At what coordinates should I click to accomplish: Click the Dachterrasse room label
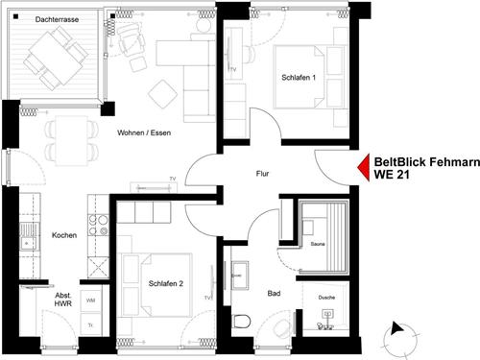click(57, 19)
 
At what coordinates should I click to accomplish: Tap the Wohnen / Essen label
click(144, 132)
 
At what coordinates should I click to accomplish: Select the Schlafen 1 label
click(299, 78)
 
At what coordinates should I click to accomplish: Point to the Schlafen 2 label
click(166, 283)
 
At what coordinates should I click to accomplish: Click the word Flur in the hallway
click(262, 174)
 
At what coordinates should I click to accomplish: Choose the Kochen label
click(64, 235)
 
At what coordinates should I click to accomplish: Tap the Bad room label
click(274, 293)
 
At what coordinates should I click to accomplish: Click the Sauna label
click(318, 244)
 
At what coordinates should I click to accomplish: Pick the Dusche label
click(326, 298)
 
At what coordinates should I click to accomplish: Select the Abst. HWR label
click(63, 300)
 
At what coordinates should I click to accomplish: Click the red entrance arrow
click(364, 167)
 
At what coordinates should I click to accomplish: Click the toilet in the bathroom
click(241, 322)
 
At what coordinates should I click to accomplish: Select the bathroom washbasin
click(240, 275)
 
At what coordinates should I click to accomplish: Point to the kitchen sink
click(29, 236)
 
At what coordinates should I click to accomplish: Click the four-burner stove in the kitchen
click(98, 225)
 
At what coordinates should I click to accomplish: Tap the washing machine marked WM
click(90, 300)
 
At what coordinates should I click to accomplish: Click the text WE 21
click(392, 175)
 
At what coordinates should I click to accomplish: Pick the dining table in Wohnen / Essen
click(72, 141)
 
